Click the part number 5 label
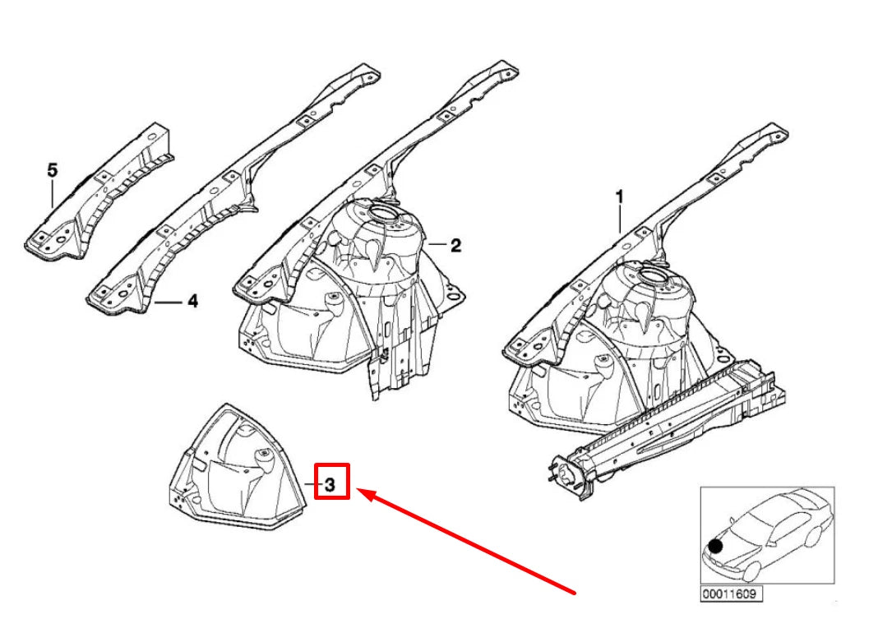(52, 170)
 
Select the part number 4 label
(192, 301)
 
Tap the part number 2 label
(455, 245)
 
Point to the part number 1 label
(619, 197)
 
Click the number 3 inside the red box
(330, 485)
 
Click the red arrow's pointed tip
(358, 489)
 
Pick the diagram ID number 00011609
(731, 594)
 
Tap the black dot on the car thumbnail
(715, 546)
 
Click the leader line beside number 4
(169, 303)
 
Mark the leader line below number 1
(620, 219)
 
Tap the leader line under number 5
(52, 194)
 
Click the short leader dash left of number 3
(312, 484)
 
